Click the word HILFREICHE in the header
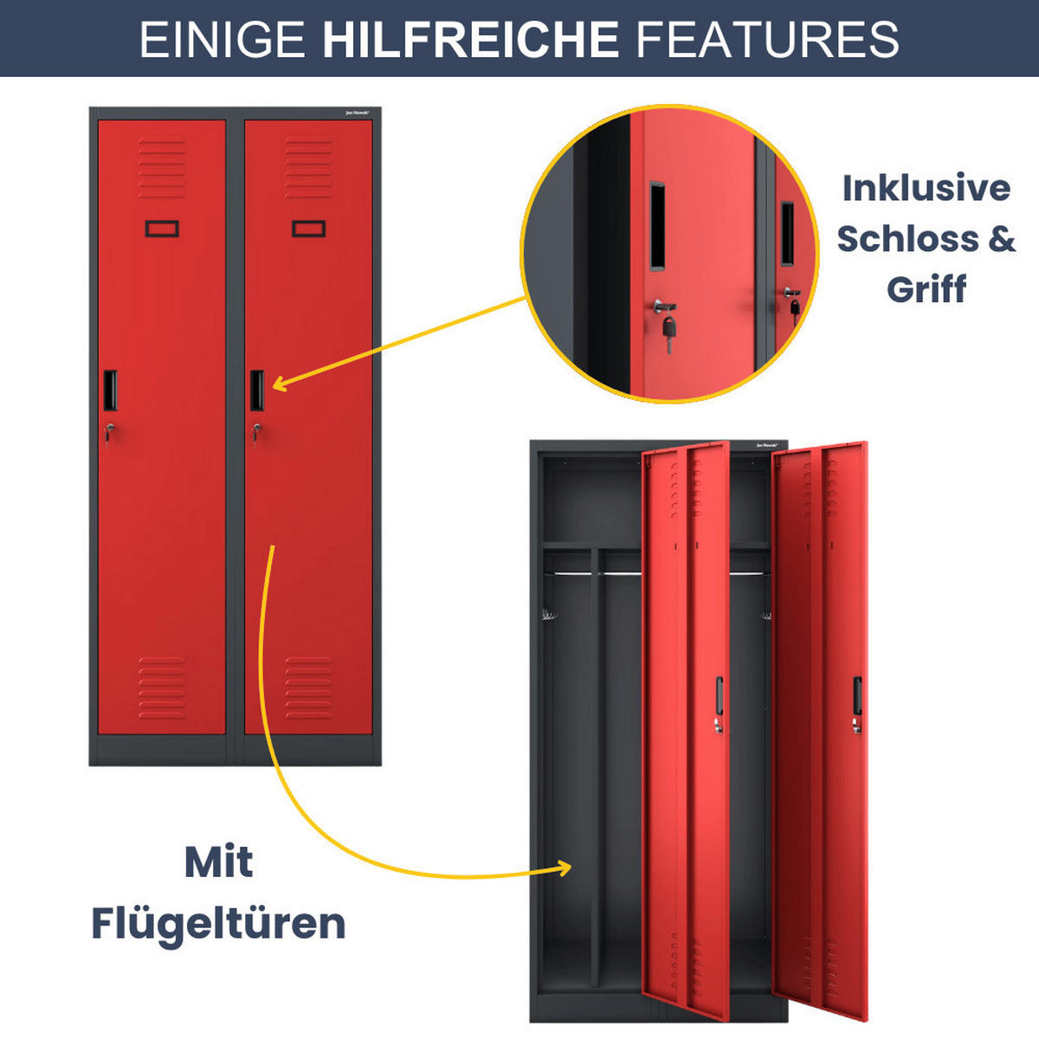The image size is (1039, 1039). click(470, 39)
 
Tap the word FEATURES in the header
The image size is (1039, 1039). click(768, 39)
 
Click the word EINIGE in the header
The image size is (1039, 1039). click(223, 39)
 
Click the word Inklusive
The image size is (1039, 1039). click(926, 188)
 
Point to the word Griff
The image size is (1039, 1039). click(926, 289)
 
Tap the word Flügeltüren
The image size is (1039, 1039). click(218, 924)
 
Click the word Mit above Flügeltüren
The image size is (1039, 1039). click(218, 862)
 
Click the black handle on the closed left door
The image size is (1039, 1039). click(110, 390)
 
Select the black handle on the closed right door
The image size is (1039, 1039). click(257, 390)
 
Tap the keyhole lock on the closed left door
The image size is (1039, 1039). click(108, 429)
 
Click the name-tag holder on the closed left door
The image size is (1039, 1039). click(162, 229)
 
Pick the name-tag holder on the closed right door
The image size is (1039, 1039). click(308, 229)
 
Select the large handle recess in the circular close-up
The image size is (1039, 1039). click(657, 225)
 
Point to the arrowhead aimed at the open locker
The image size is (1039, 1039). click(565, 868)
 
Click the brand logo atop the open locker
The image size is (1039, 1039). click(767, 445)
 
